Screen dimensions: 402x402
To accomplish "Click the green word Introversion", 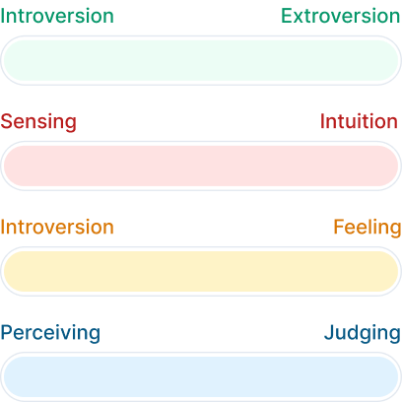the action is [x=57, y=16].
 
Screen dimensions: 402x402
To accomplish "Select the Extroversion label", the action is [x=341, y=16].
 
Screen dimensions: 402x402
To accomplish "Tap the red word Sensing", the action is [x=38, y=122].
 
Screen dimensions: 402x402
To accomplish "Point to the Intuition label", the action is [x=359, y=121].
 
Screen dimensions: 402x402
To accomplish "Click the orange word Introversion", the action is [x=57, y=227].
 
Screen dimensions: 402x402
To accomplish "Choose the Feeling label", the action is [x=368, y=228].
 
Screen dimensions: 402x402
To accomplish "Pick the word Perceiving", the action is [x=50, y=333].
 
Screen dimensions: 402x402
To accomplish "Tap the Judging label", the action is [x=363, y=333].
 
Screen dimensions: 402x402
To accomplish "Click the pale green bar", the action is [x=201, y=60].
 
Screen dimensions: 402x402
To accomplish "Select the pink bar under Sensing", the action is [x=201, y=166].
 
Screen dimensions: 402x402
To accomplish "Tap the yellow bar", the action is [x=201, y=271].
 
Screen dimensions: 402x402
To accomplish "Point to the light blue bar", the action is [x=201, y=376].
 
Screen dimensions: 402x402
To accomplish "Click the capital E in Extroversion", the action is [x=287, y=16].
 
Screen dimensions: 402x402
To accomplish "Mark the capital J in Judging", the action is [x=329, y=332].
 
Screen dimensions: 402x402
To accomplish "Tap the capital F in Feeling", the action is [x=339, y=227].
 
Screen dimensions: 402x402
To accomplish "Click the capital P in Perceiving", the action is [x=7, y=332].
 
